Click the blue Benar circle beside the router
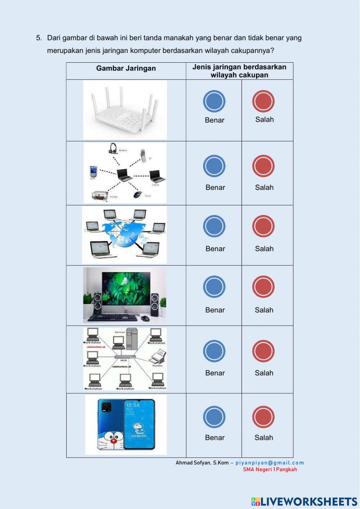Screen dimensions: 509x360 click(x=214, y=101)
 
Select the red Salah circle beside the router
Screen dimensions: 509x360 click(x=264, y=101)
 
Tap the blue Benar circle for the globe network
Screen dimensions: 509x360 click(x=214, y=226)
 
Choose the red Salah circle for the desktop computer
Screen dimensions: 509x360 click(x=264, y=287)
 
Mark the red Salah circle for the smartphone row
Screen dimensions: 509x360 click(x=264, y=417)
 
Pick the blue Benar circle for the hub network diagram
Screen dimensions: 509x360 click(x=214, y=351)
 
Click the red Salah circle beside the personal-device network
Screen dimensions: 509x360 click(x=264, y=166)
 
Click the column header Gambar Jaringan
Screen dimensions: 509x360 click(x=126, y=68)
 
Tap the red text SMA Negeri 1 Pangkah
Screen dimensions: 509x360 click(x=270, y=469)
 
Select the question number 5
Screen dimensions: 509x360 click(x=39, y=38)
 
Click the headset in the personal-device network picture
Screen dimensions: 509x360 click(x=113, y=148)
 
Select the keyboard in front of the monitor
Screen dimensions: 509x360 click(x=113, y=317)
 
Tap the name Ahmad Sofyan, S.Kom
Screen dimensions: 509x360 click(x=202, y=463)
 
